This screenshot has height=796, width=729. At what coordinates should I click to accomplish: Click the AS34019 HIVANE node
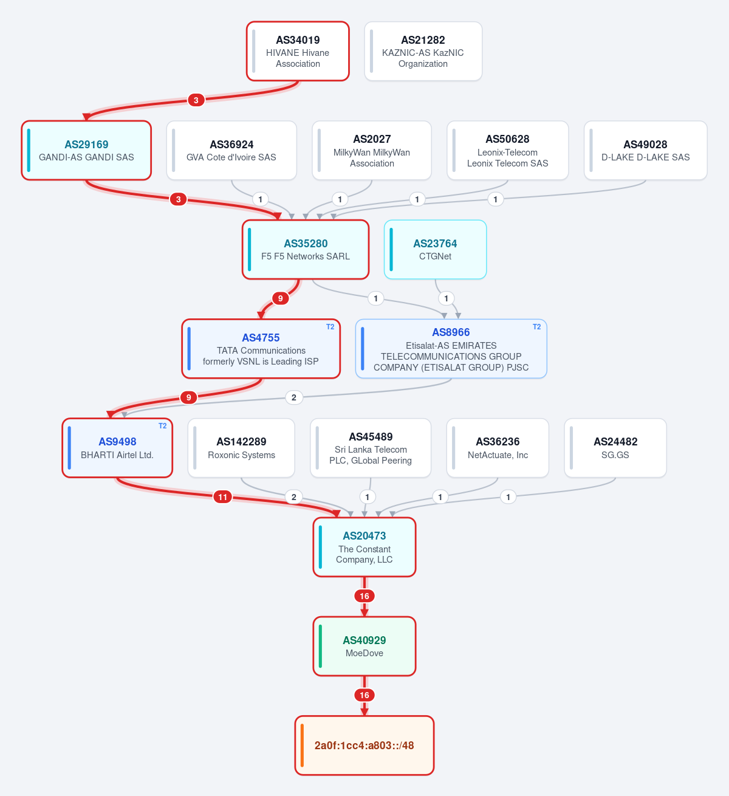298,51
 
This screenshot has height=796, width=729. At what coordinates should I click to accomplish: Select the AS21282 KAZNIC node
423,51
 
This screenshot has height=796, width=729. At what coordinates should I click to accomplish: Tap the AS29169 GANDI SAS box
86,151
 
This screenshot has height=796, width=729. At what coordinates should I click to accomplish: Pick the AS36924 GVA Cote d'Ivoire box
231,151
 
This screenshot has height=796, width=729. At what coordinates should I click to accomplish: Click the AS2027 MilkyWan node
372,151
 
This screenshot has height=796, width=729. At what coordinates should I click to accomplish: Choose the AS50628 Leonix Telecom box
507,151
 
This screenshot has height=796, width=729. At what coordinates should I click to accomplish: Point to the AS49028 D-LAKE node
646,151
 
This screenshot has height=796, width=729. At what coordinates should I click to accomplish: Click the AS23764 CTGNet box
436,250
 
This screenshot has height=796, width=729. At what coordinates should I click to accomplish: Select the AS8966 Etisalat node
451,349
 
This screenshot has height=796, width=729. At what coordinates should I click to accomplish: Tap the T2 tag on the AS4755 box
330,327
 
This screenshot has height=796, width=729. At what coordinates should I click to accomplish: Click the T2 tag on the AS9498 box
163,426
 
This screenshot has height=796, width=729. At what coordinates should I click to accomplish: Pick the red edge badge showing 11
222,497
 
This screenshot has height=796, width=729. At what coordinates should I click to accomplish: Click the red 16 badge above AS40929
364,596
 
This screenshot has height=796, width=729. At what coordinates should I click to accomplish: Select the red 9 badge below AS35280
281,298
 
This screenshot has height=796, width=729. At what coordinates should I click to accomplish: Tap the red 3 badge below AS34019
196,100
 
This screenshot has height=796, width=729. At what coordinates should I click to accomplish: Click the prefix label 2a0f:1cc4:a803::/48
364,746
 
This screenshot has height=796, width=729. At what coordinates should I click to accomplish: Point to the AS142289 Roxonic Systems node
241,448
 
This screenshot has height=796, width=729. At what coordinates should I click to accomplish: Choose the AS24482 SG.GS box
615,448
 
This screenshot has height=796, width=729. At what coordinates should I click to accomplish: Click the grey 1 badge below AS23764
446,298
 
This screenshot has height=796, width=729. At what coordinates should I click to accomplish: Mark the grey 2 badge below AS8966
293,397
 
